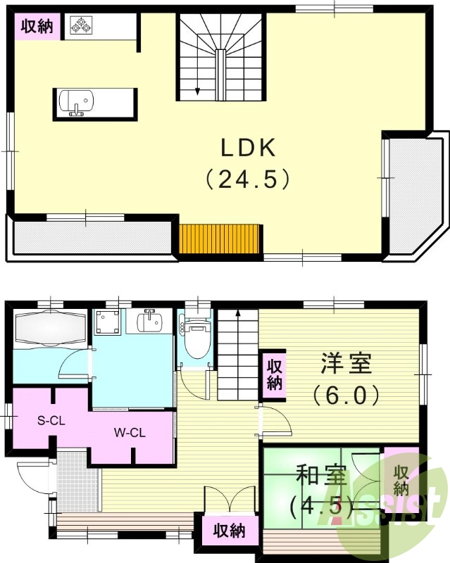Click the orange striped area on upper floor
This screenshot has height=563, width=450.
pos(220,238)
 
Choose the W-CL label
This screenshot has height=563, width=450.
pos(128,433)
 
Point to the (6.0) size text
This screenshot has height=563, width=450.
pos(346,394)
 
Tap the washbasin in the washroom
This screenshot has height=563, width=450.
pos(149,324)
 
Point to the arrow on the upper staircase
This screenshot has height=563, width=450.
pos(197,89)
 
